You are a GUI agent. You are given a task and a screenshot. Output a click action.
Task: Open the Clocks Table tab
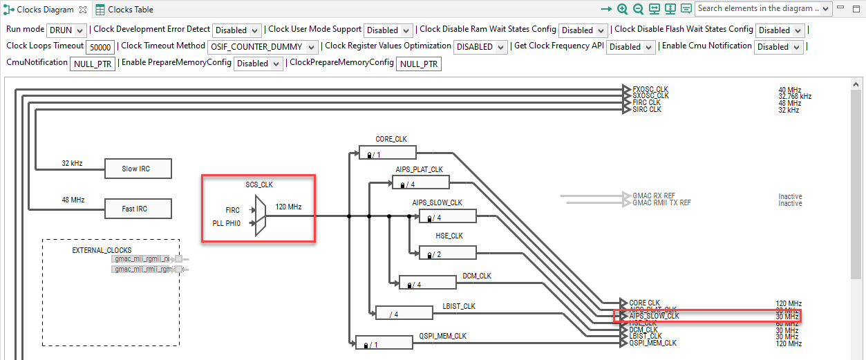coord(124,10)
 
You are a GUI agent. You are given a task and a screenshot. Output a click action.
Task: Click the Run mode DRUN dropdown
coord(66,30)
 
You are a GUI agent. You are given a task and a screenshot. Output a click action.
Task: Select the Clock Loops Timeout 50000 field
coord(100,47)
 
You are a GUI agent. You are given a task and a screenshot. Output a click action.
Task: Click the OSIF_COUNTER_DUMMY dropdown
coord(263,47)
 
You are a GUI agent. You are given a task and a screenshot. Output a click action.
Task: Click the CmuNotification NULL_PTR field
coord(92,64)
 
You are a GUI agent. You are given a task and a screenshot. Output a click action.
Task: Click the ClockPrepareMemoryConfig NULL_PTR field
coord(419,64)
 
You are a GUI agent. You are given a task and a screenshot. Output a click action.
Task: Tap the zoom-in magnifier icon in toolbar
coord(623,9)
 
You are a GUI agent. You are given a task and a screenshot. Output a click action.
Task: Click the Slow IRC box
coord(137,169)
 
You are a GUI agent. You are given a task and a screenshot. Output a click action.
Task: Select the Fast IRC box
coord(137,209)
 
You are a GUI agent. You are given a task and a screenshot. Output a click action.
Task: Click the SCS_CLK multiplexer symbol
coord(260,216)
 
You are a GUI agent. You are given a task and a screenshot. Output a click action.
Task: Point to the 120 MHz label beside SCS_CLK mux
coord(288,207)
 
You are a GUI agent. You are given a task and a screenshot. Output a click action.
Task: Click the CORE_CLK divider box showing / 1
coord(387,153)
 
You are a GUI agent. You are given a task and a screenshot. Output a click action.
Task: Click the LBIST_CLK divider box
coord(404,314)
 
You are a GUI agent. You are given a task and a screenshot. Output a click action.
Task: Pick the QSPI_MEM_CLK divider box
coord(384,343)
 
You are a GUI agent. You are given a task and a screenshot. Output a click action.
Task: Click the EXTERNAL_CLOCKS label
coord(102,249)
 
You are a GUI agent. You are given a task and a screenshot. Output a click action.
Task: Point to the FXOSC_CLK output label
coord(650,89)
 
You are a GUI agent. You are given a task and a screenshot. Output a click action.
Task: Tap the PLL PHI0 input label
coord(227,223)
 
